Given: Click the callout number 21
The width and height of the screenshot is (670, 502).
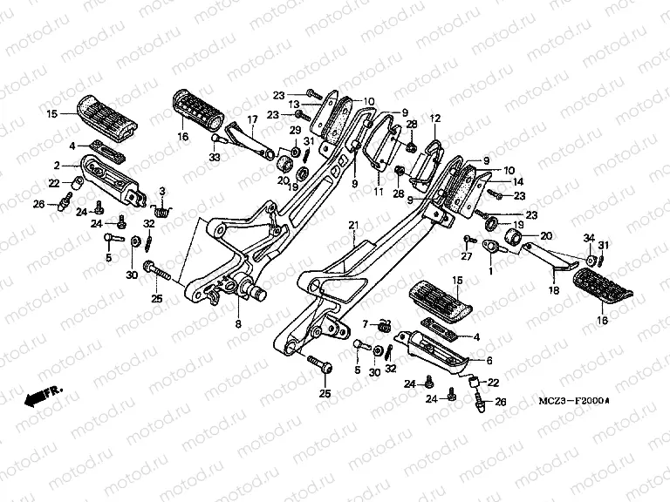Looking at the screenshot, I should click(353, 225).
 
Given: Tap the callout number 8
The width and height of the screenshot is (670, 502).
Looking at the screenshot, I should click(238, 323).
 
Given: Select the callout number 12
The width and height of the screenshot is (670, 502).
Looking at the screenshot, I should click(435, 118).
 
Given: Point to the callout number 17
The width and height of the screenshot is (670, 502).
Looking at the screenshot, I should click(251, 119).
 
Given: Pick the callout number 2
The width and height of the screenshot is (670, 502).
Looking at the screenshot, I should click(56, 165).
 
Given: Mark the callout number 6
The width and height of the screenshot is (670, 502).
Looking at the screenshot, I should click(489, 359).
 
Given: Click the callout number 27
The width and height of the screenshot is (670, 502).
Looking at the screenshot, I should click(466, 256).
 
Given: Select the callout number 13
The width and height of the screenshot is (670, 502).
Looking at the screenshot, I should click(318, 104).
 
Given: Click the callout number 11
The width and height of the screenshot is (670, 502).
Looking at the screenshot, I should click(378, 190).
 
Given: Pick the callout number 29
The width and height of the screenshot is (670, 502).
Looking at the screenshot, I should click(295, 130).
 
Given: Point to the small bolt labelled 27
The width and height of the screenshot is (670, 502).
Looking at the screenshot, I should click(468, 239).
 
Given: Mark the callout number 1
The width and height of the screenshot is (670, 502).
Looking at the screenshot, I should click(490, 271).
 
